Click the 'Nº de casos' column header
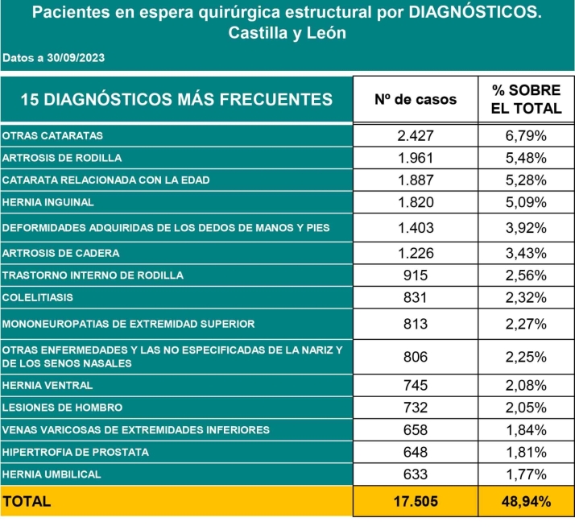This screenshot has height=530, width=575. (x=416, y=100)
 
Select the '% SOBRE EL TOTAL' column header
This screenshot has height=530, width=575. (x=525, y=100)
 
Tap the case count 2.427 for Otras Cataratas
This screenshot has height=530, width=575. (x=416, y=135)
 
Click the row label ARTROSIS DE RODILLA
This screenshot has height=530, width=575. (x=62, y=158)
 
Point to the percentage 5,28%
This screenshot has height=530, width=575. (x=525, y=180)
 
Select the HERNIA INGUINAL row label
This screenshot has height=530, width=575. (x=48, y=202)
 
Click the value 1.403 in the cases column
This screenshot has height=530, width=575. (x=416, y=228)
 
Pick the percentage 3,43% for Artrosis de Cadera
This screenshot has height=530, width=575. (x=525, y=253)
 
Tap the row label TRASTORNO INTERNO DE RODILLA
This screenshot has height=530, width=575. (x=93, y=275)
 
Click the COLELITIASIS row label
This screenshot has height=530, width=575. (x=38, y=297)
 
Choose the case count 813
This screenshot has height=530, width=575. (x=416, y=324)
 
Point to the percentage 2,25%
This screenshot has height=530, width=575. (x=525, y=356)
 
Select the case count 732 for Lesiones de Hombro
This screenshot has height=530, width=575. (x=416, y=408)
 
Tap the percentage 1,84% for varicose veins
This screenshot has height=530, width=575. (x=525, y=430)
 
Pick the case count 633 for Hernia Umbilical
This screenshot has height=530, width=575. (x=416, y=474)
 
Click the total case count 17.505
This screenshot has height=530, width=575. (x=416, y=501)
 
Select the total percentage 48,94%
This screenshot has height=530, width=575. (x=525, y=501)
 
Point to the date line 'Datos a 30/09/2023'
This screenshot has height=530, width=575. (x=54, y=58)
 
